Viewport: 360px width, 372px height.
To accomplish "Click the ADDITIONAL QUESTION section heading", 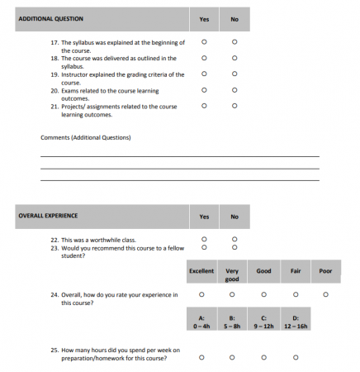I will (50, 17).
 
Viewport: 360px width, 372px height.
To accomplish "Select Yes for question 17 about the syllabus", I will (204, 42).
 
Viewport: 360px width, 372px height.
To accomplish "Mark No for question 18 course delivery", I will (234, 58).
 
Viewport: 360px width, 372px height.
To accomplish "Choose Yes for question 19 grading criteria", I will (204, 74).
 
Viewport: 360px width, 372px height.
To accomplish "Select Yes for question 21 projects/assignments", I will (204, 106).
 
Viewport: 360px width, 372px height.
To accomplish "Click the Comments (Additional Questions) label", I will (85, 137).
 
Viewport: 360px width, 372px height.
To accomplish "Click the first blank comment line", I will (179, 155).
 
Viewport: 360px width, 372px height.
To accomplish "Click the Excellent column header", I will (201, 270).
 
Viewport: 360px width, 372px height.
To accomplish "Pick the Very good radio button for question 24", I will (232, 293).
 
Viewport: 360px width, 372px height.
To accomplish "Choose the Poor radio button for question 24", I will (326, 293).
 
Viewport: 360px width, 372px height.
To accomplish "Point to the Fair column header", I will (295, 270).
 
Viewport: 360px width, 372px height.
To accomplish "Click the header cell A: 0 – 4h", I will (201, 322).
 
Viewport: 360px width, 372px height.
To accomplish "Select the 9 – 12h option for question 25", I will (263, 357).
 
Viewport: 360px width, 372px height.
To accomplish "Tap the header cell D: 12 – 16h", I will (295, 322).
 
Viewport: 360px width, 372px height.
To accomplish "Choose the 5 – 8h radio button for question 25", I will (232, 357).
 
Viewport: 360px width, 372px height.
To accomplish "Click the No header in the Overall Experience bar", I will (234, 217).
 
